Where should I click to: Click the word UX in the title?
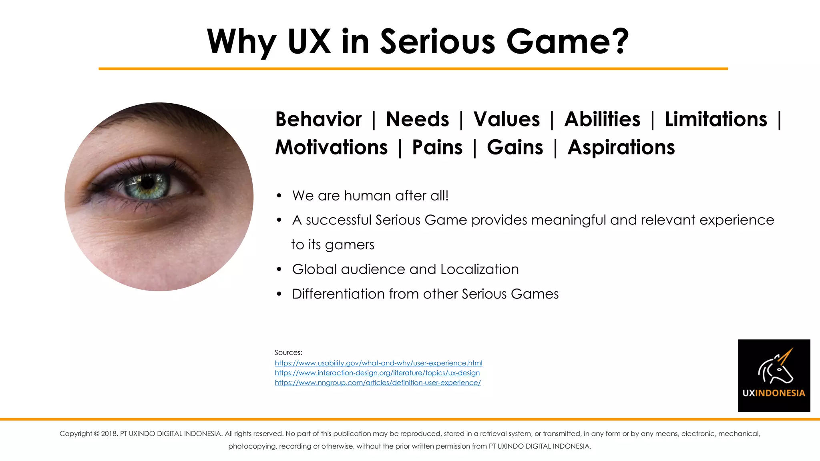pyautogui.click(x=309, y=42)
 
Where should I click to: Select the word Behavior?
pyautogui.click(x=318, y=119)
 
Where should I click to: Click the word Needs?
pyautogui.click(x=417, y=119)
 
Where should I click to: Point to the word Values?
pyautogui.click(x=506, y=119)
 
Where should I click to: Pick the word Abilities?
pyautogui.click(x=602, y=119)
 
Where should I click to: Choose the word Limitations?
pyautogui.click(x=716, y=119)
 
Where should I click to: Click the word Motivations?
pyautogui.click(x=332, y=147)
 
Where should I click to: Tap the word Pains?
pyautogui.click(x=437, y=147)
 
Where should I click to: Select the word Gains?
pyautogui.click(x=515, y=147)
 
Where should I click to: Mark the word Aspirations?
pyautogui.click(x=621, y=147)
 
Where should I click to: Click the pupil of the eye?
pyautogui.click(x=148, y=183)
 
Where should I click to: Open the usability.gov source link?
pyautogui.click(x=378, y=363)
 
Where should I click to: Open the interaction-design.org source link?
pyautogui.click(x=377, y=373)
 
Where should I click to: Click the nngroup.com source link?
pyautogui.click(x=378, y=383)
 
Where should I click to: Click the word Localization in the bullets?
pyautogui.click(x=479, y=269)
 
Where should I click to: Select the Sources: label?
pyautogui.click(x=288, y=353)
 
